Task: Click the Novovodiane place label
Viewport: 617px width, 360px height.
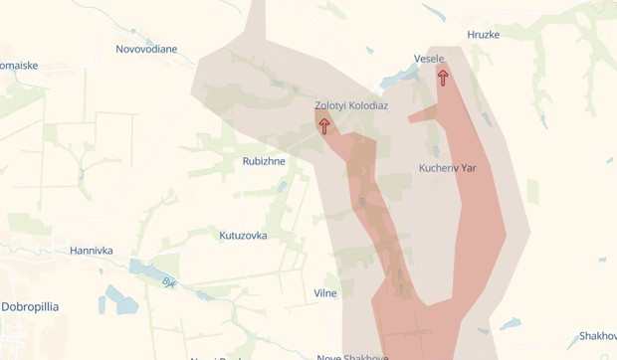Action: (x=146, y=49)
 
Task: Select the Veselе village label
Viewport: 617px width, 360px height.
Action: (x=429, y=59)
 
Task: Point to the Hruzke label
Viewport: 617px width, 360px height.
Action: (x=483, y=35)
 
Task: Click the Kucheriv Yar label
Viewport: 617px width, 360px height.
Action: (x=448, y=168)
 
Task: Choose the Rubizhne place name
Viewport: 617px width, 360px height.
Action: (x=264, y=161)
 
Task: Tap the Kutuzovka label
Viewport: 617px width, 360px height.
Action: (x=243, y=236)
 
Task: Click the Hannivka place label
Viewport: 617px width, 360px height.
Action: (x=91, y=251)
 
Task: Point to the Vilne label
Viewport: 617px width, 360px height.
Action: (x=325, y=293)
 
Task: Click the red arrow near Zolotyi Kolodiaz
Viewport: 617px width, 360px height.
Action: (x=324, y=126)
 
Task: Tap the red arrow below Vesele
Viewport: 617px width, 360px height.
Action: (x=443, y=78)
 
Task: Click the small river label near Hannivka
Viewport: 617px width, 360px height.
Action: (x=169, y=283)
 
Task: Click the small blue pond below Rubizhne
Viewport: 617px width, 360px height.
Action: (x=283, y=186)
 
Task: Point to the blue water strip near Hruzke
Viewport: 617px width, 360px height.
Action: (x=434, y=13)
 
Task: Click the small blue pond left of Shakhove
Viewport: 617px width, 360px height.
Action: (x=511, y=323)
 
